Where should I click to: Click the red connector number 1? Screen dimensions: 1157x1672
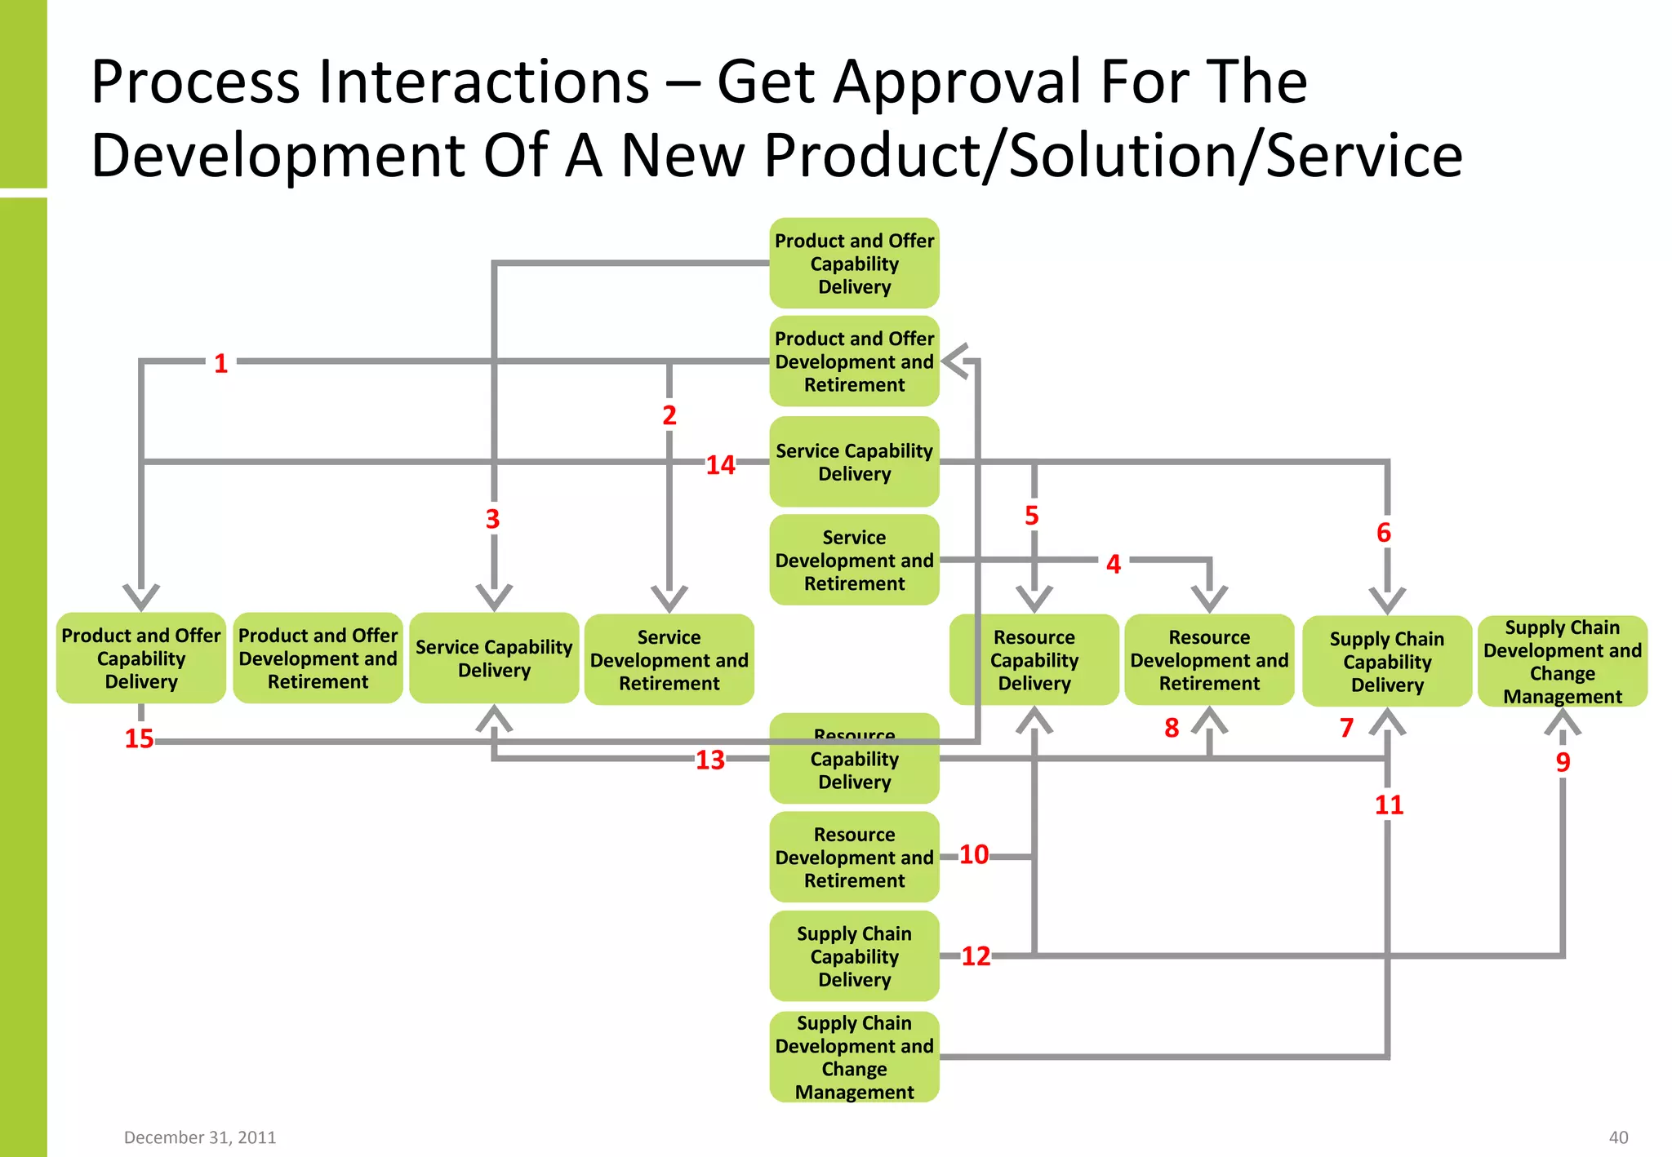pos(220,363)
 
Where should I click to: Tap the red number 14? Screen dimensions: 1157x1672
pos(720,465)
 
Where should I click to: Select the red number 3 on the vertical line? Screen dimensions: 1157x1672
pos(492,519)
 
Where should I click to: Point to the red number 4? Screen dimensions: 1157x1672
pos(1114,564)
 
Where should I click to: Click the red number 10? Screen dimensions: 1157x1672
pos(973,854)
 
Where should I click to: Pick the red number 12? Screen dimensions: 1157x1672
pos(976,955)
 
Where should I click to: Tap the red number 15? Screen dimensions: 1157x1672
pos(139,738)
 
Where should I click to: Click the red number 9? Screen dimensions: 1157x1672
pos(1563,761)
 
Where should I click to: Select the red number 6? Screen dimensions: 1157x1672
pos(1383,533)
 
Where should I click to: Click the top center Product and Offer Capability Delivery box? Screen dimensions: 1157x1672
pos(854,264)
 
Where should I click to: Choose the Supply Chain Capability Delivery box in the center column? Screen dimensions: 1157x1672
pos(854,956)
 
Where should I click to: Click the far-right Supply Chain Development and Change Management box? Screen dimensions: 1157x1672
pos(1562,662)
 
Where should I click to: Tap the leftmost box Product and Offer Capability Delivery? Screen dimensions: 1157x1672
pos(141,658)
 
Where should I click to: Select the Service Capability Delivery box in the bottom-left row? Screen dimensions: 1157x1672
pos(494,658)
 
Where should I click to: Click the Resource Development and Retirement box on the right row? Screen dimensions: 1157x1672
pos(1209,660)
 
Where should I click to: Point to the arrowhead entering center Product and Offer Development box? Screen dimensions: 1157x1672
pos(955,361)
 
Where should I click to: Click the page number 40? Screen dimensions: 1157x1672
pos(1618,1137)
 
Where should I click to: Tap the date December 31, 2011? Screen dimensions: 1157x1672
pos(200,1137)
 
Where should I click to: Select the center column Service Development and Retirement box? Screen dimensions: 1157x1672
pos(854,561)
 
